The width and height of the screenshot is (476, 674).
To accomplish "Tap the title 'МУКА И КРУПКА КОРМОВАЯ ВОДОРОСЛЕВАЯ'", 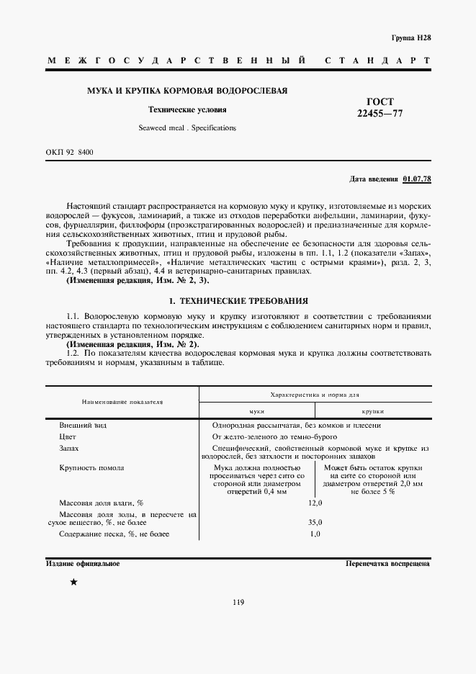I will [x=187, y=91].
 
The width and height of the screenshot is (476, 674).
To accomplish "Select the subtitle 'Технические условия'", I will [x=187, y=110].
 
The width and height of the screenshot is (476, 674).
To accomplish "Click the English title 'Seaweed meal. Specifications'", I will [x=187, y=127].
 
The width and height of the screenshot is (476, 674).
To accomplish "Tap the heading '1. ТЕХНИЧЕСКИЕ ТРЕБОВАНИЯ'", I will [x=238, y=300].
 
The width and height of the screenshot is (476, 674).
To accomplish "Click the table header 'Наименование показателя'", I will [x=122, y=401].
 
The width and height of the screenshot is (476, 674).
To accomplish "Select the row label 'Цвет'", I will [x=68, y=436].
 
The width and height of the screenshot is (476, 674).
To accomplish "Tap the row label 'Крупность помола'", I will [x=91, y=467].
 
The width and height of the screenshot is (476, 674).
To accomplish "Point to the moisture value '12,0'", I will [x=315, y=502].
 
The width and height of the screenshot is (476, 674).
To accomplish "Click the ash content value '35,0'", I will [x=315, y=523].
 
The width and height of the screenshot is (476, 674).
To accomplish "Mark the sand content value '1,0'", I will [x=315, y=534].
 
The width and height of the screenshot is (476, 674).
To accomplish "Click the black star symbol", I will [x=73, y=583].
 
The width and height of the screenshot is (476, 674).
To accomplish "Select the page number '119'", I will [x=238, y=623].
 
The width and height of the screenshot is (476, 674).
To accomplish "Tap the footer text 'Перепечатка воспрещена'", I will [x=387, y=563].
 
